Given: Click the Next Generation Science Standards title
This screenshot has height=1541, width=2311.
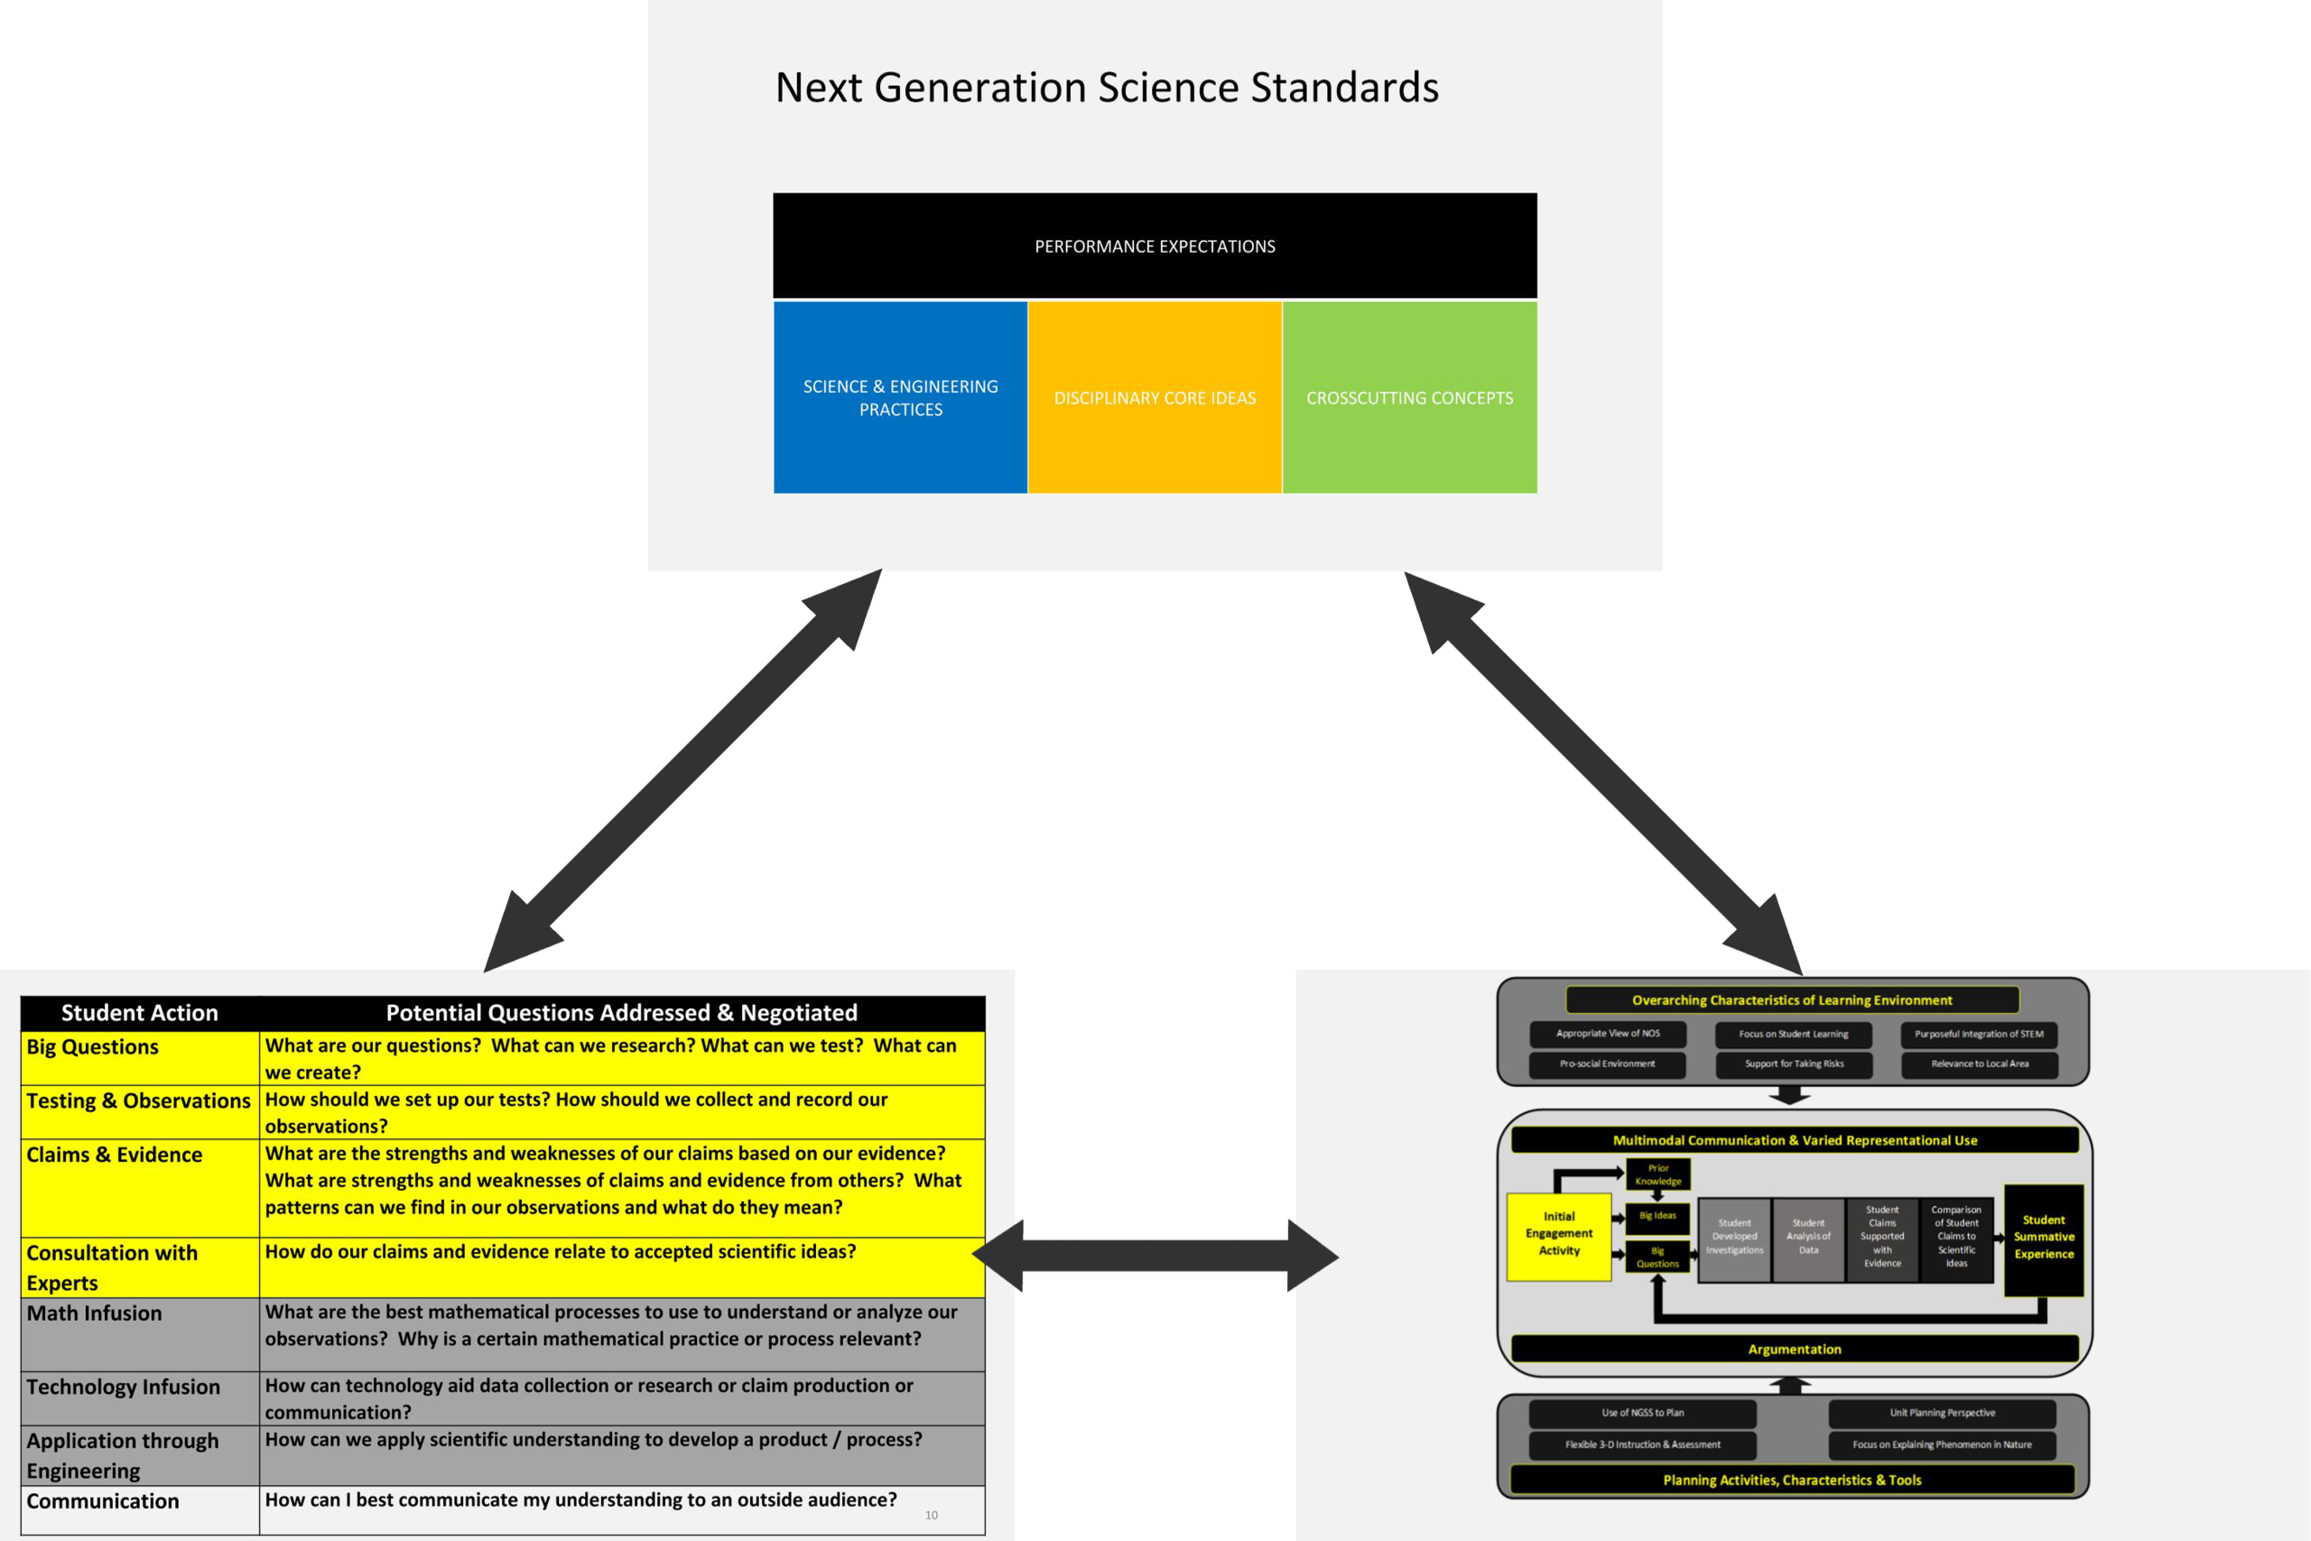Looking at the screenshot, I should click(x=1107, y=88).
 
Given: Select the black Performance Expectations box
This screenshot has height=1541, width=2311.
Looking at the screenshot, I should click(x=1155, y=246).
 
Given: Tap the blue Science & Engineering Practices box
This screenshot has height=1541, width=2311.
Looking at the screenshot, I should click(x=900, y=397).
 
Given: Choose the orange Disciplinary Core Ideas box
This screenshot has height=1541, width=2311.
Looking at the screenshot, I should click(x=1155, y=397).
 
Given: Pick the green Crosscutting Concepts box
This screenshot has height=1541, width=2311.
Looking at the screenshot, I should click(x=1409, y=397).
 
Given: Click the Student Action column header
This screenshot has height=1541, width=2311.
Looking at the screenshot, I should click(x=140, y=1013).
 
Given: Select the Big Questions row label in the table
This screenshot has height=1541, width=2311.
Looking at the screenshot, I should click(x=92, y=1047).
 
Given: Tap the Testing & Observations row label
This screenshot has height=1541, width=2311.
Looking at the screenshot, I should click(x=138, y=1101).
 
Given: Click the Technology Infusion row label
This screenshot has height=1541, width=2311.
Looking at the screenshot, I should click(x=123, y=1388).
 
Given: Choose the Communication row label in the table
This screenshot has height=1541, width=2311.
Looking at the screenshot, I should click(x=102, y=1501).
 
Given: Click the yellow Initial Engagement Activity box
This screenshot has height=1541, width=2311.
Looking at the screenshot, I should click(x=1558, y=1234).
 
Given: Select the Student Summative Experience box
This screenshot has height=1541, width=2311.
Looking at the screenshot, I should click(x=2044, y=1238).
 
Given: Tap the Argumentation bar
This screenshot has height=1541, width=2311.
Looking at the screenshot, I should click(x=1794, y=1350).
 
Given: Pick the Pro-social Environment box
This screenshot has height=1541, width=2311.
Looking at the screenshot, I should click(x=1607, y=1064).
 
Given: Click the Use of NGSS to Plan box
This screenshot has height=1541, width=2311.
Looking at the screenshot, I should click(x=1642, y=1413).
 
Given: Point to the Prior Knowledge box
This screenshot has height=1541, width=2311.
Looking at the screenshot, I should click(x=1658, y=1174).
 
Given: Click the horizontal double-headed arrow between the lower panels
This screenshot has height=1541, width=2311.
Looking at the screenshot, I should click(x=1155, y=1255).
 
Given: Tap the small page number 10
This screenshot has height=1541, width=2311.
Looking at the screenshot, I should click(x=932, y=1516).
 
